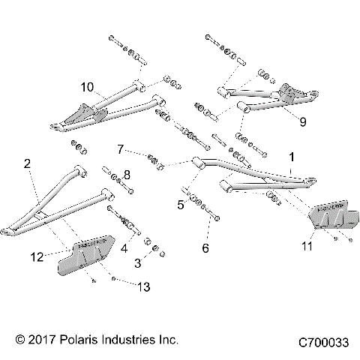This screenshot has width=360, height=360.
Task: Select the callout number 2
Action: click(27, 163)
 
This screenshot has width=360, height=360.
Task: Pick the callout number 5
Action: click(180, 203)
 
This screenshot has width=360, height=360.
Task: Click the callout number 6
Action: click(205, 247)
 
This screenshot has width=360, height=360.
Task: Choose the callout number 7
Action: click(119, 149)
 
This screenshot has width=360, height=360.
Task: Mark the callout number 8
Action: click(126, 175)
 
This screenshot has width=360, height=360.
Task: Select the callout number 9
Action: click(302, 119)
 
